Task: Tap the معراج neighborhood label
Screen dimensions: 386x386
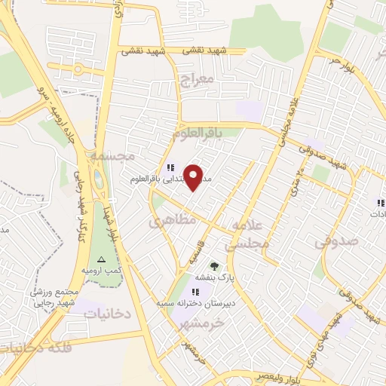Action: (x=198, y=78)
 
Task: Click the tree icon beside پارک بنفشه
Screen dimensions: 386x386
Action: (x=214, y=265)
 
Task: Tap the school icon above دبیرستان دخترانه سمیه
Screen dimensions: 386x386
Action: (x=196, y=292)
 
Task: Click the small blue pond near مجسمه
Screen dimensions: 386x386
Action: (x=99, y=180)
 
